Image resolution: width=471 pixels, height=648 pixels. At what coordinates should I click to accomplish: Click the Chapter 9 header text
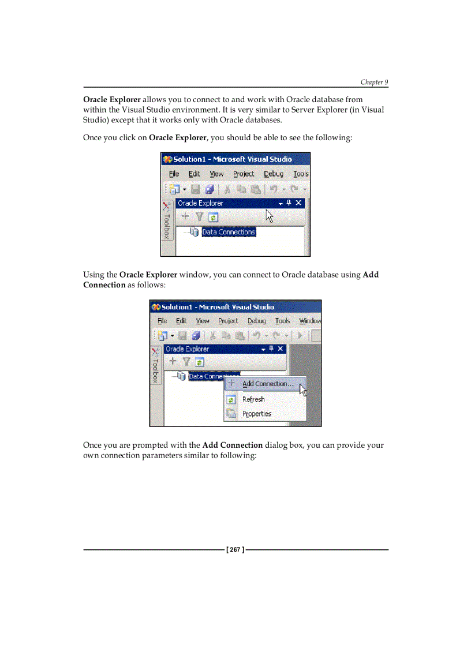[x=374, y=83]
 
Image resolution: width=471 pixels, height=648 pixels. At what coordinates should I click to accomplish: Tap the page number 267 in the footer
[x=235, y=550]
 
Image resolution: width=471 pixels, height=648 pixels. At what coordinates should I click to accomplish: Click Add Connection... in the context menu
[x=268, y=384]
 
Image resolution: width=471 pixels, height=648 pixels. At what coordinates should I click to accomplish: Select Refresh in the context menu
[x=253, y=399]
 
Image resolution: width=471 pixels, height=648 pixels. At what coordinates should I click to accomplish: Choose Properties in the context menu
[x=257, y=414]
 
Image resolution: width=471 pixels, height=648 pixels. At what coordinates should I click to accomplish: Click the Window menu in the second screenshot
[x=310, y=321]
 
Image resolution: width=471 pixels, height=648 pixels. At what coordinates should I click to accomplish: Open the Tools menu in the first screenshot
[x=301, y=174]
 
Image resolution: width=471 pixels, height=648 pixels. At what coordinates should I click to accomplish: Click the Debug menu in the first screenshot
[x=274, y=174]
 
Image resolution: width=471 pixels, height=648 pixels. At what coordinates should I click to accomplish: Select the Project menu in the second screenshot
[x=228, y=321]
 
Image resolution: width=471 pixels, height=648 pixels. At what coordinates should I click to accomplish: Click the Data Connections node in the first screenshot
[x=228, y=232]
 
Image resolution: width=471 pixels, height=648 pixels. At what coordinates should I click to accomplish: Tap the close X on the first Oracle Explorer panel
[x=298, y=203]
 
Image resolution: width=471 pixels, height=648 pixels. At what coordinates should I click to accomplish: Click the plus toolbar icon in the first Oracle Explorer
[x=185, y=216]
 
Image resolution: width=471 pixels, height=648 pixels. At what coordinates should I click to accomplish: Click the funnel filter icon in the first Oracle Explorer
[x=199, y=217]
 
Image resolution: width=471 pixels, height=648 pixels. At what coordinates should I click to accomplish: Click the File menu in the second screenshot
[x=162, y=321]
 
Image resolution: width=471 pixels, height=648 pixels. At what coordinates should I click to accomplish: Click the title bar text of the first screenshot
[x=233, y=159]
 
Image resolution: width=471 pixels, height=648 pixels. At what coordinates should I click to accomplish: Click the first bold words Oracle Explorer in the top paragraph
[x=112, y=99]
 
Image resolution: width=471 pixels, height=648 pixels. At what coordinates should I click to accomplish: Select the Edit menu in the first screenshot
[x=194, y=174]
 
